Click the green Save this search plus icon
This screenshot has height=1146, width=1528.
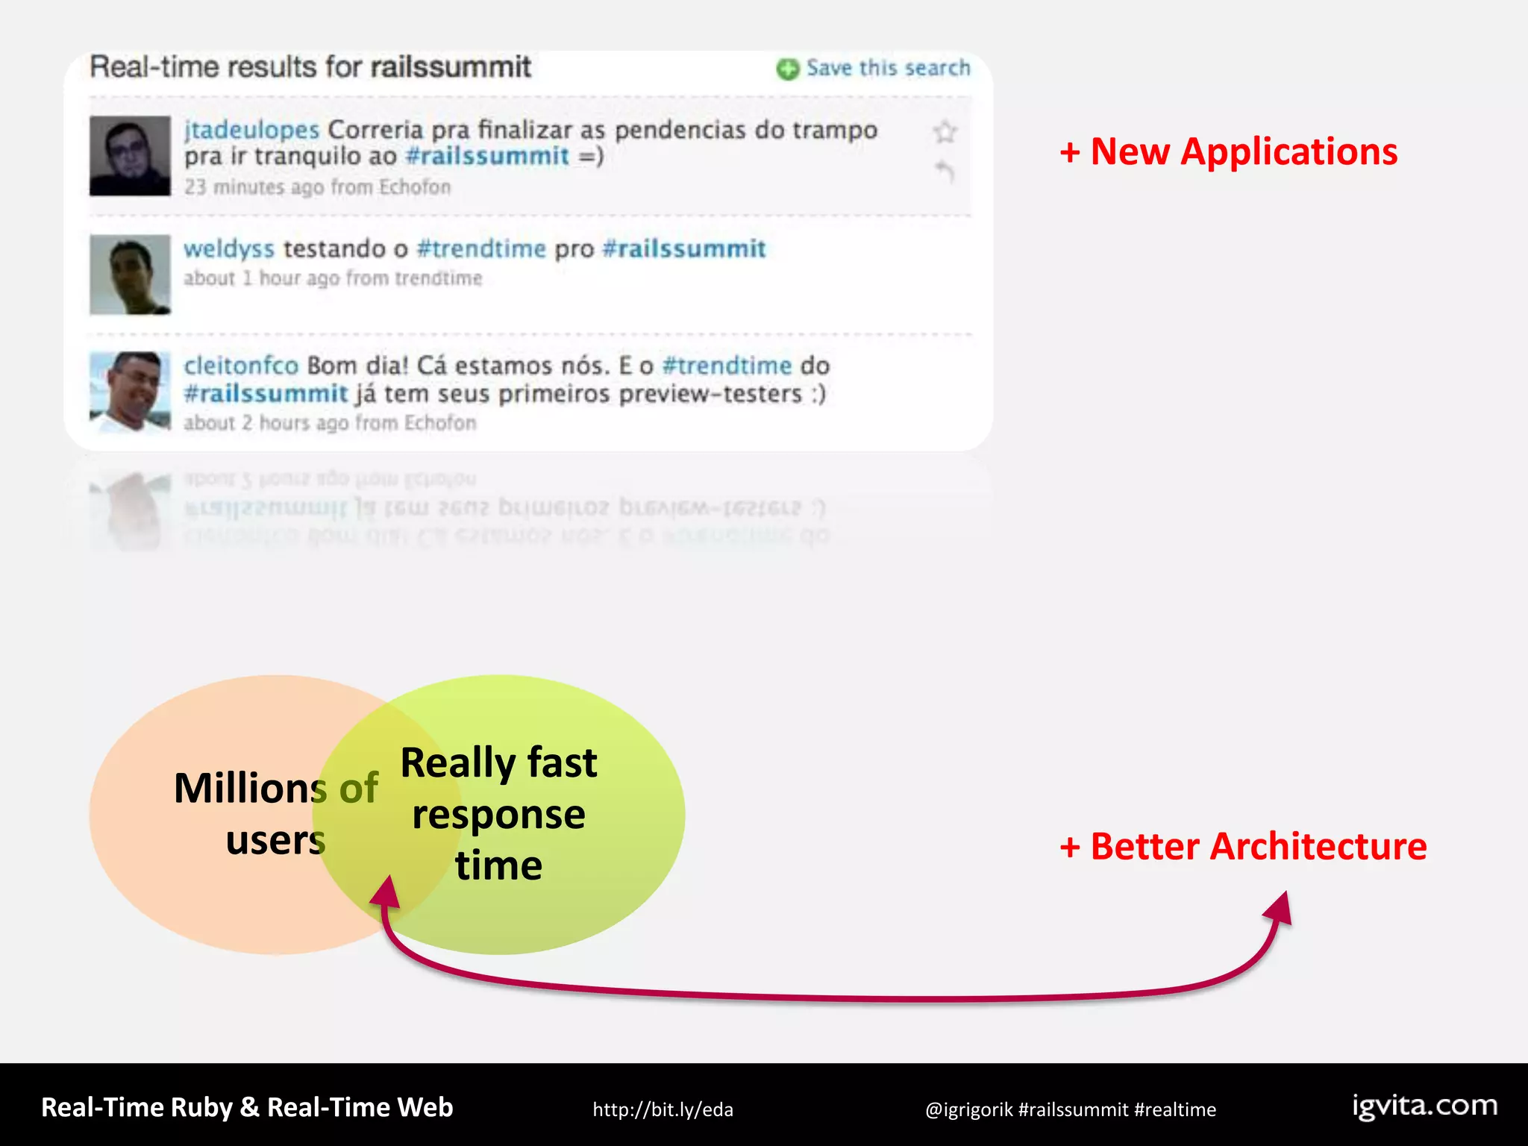point(787,69)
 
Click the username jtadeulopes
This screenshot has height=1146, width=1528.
point(251,130)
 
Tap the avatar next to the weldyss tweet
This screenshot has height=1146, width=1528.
point(130,275)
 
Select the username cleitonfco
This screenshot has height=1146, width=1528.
point(241,366)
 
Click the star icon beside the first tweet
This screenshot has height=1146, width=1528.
point(945,132)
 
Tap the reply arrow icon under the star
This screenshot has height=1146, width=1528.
point(945,172)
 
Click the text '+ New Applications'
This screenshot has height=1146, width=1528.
point(1228,152)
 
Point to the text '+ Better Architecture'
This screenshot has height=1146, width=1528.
point(1243,847)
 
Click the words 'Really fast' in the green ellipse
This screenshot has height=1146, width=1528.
point(498,763)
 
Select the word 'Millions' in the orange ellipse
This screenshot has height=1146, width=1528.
point(250,789)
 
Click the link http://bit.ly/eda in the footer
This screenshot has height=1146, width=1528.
point(663,1109)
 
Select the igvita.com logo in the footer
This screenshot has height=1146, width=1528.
point(1424,1106)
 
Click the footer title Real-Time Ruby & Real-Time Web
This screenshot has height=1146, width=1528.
point(247,1107)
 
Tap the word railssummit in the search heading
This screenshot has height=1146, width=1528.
point(451,67)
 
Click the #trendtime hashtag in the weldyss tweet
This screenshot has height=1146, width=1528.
point(481,248)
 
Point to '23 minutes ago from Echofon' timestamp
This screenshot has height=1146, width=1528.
point(318,187)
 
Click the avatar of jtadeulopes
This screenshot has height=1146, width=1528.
point(130,156)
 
